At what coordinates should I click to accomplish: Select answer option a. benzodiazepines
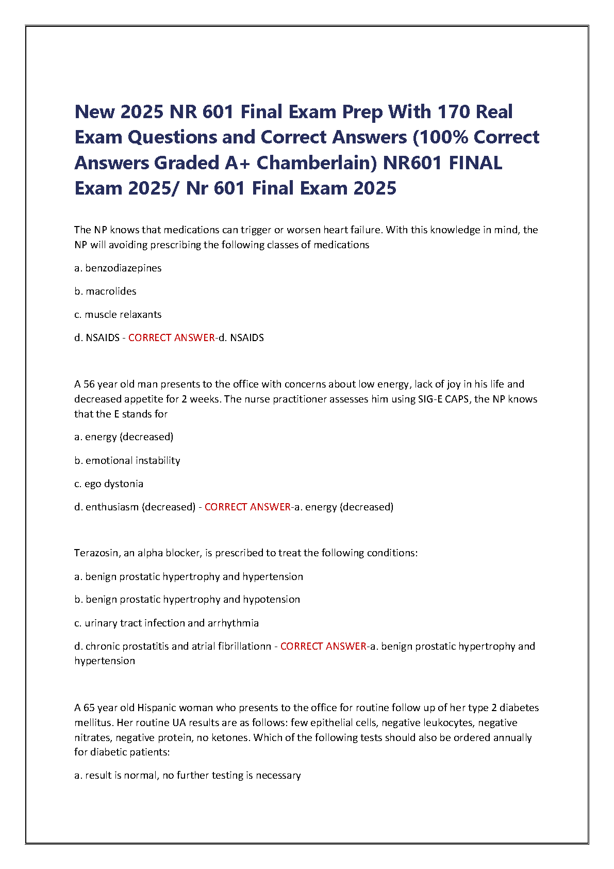118,268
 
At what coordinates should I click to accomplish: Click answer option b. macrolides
105,291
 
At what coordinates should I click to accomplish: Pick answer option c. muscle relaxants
118,314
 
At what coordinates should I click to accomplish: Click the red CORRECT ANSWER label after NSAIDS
171,337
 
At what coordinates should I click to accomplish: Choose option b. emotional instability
127,460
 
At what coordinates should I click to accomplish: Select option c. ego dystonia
109,484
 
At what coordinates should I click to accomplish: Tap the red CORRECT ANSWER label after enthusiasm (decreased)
247,507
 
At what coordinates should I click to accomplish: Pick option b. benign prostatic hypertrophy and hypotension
187,599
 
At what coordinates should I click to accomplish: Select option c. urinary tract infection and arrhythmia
167,623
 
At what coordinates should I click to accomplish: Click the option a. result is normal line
188,775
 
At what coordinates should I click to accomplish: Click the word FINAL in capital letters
475,163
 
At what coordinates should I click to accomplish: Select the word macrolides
111,291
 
